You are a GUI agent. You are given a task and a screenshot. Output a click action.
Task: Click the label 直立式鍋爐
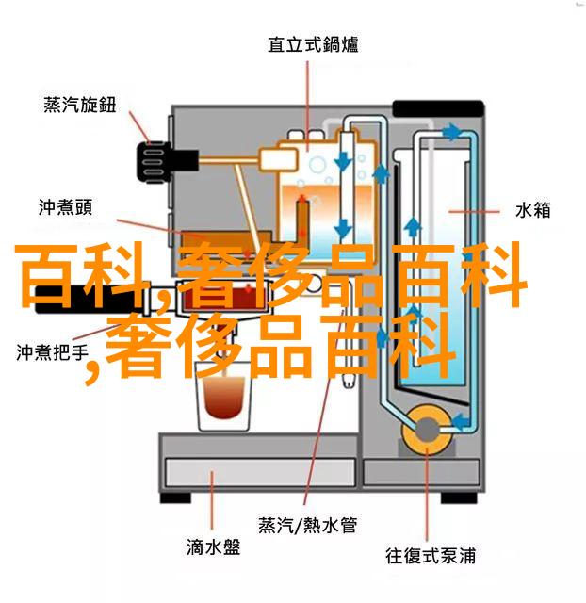click(x=313, y=44)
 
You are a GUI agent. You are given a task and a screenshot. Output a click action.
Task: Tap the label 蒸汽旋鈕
click(x=79, y=105)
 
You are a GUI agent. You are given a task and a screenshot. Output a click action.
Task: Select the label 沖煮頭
click(x=65, y=207)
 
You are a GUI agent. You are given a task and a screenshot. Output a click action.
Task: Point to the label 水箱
click(x=532, y=210)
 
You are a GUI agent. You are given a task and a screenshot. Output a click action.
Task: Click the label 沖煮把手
click(x=53, y=352)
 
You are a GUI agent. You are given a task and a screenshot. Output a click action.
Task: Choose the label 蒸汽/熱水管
click(x=308, y=525)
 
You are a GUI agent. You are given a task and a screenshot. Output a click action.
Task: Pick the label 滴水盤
click(x=214, y=546)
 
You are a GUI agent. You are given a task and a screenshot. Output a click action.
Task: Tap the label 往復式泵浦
click(x=431, y=556)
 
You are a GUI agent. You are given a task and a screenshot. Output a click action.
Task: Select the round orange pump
click(x=426, y=430)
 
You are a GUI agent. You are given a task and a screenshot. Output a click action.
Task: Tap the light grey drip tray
click(x=260, y=473)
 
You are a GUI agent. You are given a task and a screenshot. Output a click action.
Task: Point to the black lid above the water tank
click(x=438, y=109)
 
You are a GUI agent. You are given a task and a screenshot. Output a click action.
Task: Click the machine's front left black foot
click(x=175, y=497)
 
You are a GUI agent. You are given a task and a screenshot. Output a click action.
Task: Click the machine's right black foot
click(x=459, y=497)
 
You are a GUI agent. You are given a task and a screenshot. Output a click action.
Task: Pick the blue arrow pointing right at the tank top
click(x=451, y=132)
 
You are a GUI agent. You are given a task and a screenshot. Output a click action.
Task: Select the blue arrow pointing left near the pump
click(x=461, y=421)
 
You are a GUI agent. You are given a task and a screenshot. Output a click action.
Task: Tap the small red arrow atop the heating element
click(x=302, y=198)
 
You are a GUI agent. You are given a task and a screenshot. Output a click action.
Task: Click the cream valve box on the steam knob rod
click(x=279, y=159)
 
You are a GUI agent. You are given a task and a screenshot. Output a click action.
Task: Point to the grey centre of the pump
click(x=426, y=430)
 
